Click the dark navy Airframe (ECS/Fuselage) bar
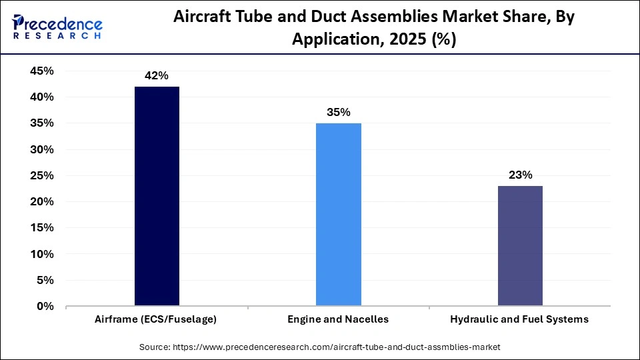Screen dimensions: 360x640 coord(157,196)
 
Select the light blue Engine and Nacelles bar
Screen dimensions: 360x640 coord(338,215)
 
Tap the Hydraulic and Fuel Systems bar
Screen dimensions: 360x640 coord(519,246)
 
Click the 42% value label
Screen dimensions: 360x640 coord(157,76)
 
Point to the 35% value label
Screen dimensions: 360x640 coord(338,113)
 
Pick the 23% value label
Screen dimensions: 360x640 coord(519,175)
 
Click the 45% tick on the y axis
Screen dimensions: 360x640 coord(42,71)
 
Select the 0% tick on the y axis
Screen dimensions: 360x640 coord(45,307)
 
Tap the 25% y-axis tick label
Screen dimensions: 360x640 coord(42,176)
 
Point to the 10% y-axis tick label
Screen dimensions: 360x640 coord(42,255)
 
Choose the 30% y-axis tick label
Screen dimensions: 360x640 coord(42,150)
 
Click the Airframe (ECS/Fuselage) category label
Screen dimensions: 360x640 coord(157,319)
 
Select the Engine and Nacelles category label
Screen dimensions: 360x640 coord(338,319)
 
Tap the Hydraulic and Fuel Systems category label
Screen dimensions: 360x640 coord(519,319)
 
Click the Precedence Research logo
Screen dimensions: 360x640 coord(57,27)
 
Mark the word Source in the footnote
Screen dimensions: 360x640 coord(155,347)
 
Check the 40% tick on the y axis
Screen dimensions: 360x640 coord(42,97)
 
